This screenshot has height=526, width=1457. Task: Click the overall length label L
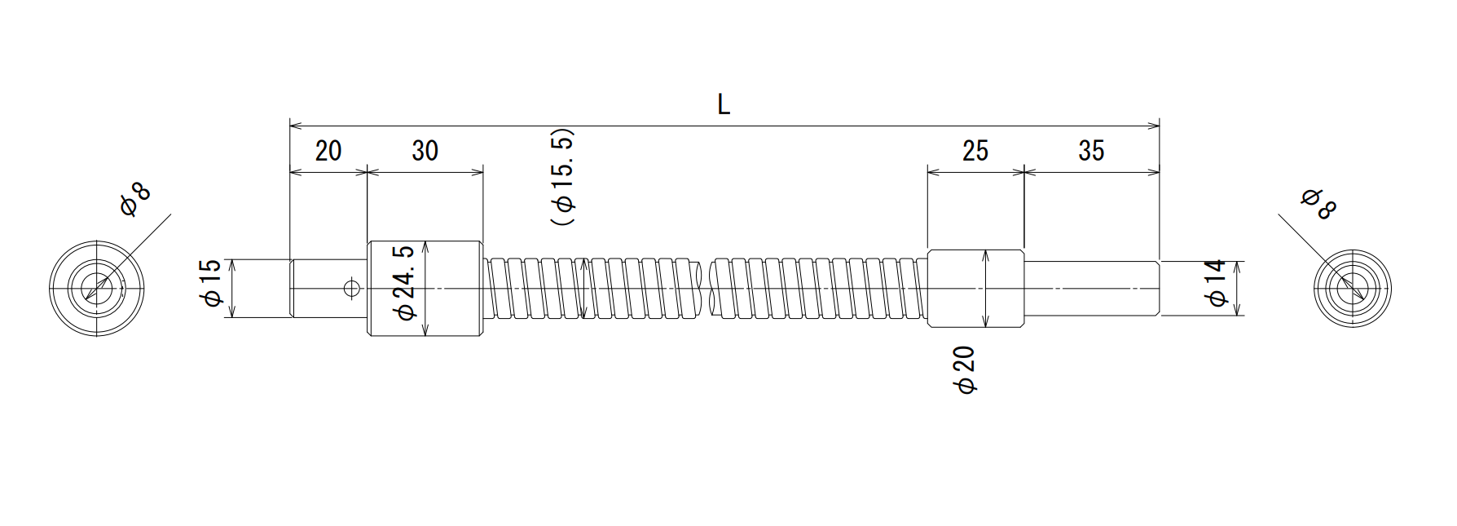724,104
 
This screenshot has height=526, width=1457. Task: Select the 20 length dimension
328,151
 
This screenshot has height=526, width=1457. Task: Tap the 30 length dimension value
425,151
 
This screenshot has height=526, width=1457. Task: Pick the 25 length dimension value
975,151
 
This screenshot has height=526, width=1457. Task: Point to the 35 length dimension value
1090,151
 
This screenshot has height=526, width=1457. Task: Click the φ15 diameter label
210,284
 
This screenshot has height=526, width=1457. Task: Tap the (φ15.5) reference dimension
563,177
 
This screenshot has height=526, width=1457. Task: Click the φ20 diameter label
966,371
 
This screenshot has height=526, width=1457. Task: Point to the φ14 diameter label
1216,283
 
